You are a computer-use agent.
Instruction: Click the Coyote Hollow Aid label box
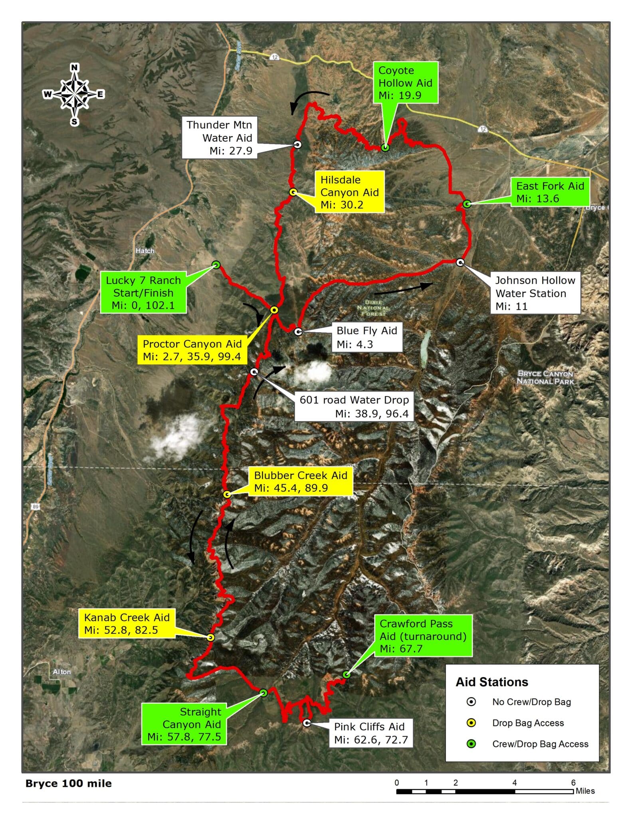[405, 83]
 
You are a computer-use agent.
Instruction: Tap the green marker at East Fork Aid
[467, 204]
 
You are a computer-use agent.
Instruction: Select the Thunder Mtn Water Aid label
[219, 138]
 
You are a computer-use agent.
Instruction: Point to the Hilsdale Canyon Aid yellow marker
[293, 192]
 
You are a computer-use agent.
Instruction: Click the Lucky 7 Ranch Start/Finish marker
[216, 264]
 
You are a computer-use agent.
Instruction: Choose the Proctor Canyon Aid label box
[192, 350]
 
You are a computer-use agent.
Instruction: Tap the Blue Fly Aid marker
[298, 332]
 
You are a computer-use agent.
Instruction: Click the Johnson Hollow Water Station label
[535, 293]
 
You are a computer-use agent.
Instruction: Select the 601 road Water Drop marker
[254, 372]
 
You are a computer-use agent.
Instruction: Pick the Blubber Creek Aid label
[301, 482]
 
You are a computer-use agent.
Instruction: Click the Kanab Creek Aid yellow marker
[210, 637]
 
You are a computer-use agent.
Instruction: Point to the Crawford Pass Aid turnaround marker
[347, 675]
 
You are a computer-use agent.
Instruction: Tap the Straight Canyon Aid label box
[184, 724]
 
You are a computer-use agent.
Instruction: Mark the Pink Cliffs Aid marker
[307, 723]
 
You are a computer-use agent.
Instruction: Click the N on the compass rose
[74, 67]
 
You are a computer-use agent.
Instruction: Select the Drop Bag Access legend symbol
[471, 723]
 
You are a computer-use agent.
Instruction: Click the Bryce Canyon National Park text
[545, 377]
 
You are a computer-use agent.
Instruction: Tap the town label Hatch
[145, 251]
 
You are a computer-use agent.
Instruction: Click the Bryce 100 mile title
[69, 783]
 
